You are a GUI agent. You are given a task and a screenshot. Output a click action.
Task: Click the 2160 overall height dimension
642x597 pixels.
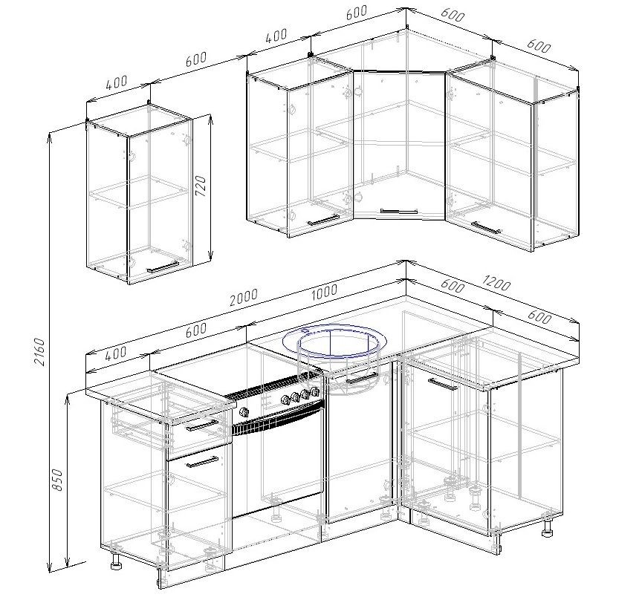pyautogui.click(x=39, y=351)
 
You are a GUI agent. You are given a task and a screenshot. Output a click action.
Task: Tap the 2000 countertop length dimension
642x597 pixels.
pyautogui.click(x=244, y=298)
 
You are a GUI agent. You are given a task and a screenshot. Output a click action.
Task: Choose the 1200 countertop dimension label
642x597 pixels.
pyautogui.click(x=496, y=282)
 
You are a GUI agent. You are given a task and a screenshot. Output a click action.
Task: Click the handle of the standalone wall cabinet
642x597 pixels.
pyautogui.click(x=163, y=267)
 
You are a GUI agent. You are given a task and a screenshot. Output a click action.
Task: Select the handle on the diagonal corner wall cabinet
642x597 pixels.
pyautogui.click(x=398, y=211)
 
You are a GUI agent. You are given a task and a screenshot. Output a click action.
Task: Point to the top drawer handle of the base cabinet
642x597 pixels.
pyautogui.click(x=202, y=425)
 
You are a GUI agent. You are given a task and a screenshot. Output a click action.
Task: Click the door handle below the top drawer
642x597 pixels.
pyautogui.click(x=202, y=463)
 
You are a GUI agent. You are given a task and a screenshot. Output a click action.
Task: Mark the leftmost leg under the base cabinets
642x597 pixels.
pyautogui.click(x=116, y=561)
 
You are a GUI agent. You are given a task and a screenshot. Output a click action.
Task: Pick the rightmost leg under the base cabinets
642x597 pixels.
pyautogui.click(x=547, y=529)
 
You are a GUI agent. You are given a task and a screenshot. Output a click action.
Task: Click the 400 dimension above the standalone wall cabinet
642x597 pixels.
pyautogui.click(x=117, y=82)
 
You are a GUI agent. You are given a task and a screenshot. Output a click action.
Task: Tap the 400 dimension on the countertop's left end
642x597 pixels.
pyautogui.click(x=116, y=353)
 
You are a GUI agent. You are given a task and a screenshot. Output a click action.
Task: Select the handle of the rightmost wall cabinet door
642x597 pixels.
pyautogui.click(x=486, y=227)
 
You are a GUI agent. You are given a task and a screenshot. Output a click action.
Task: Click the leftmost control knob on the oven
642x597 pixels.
pyautogui.click(x=244, y=412)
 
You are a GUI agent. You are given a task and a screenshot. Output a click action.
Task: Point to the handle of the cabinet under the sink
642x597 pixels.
pyautogui.click(x=362, y=378)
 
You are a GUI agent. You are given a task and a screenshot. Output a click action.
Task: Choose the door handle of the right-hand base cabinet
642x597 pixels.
pyautogui.click(x=443, y=385)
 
